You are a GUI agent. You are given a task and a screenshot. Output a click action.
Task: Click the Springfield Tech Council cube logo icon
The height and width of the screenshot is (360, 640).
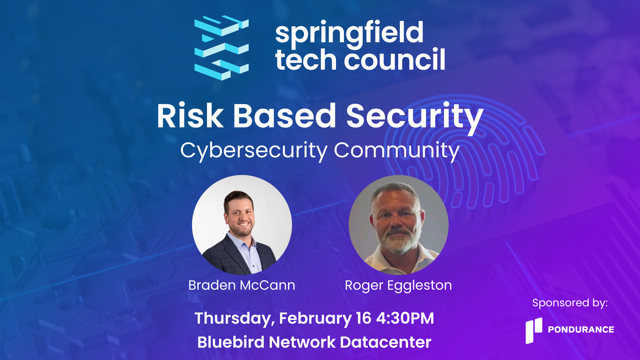coord(221,48)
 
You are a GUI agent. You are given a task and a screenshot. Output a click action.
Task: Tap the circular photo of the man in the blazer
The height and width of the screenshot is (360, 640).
coord(242,225)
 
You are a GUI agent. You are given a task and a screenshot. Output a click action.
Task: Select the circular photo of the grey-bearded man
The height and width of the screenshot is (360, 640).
coord(399,225)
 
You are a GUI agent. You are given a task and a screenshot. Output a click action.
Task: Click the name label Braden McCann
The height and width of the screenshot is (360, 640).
coord(242,285)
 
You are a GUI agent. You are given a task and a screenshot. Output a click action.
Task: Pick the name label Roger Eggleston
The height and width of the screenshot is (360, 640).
coord(398,286)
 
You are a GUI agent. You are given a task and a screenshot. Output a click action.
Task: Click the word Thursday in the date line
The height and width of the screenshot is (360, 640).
coord(235,319)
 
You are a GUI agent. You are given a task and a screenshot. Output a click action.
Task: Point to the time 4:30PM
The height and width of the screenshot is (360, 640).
coord(405,318)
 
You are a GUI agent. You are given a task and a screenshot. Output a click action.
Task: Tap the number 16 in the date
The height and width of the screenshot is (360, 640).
coord(363,318)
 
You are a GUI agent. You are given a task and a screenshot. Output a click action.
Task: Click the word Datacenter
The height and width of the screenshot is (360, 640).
coord(385,342)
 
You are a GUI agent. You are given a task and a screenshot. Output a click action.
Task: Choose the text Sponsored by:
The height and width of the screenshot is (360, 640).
coord(570,303)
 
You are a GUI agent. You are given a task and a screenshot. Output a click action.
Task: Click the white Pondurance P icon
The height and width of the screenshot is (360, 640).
coord(534,330)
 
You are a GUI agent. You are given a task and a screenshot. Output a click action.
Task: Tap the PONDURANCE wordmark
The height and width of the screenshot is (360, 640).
coord(581,330)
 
